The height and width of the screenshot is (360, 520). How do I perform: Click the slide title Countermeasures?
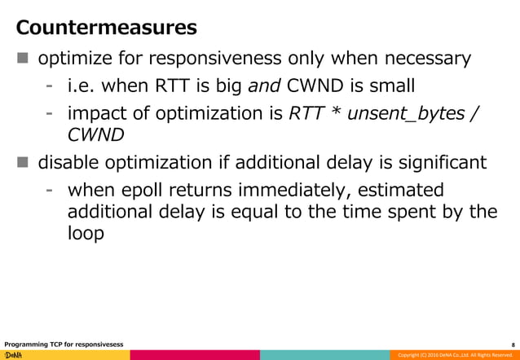click(x=107, y=29)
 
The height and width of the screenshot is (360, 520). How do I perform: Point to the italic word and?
click(x=262, y=85)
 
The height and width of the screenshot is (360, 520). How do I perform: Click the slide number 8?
click(x=512, y=344)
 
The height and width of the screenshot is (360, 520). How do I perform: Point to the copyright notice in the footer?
click(x=452, y=355)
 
